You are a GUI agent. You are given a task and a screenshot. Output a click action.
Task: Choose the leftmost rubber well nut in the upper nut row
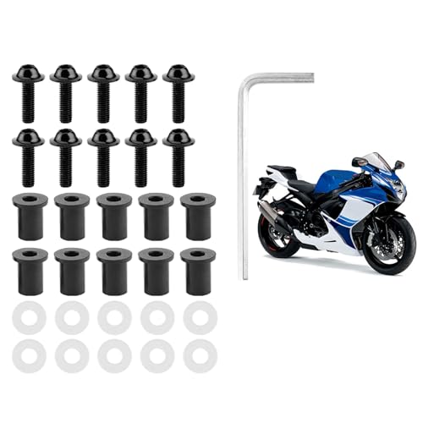point(30,216)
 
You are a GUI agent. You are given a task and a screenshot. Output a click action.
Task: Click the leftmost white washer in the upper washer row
point(30,317)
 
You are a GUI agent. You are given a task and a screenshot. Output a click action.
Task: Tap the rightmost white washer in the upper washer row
point(200,317)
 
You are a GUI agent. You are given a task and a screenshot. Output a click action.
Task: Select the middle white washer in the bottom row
point(114,355)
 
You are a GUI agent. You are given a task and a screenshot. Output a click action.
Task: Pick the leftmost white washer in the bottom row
point(30,355)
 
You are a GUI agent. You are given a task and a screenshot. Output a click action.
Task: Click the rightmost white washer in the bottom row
point(200,355)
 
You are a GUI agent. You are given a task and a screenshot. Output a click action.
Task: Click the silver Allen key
point(245,169)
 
